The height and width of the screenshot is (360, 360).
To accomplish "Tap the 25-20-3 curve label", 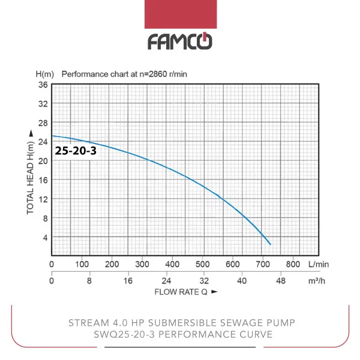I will [76, 151].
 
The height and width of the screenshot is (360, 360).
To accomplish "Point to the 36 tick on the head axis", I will [43, 85].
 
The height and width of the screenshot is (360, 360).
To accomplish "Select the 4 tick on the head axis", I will [45, 238].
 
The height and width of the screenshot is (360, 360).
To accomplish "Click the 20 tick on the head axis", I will [43, 161].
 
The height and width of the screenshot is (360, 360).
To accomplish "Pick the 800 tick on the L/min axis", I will [293, 264].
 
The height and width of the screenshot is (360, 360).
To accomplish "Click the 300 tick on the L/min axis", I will [142, 264].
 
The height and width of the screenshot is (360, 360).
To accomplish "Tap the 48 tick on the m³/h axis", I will [280, 281].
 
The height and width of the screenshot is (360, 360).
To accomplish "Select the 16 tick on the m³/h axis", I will [128, 281].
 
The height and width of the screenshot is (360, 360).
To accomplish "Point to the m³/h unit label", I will [317, 281].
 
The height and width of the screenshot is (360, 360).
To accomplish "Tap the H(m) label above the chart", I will [45, 74].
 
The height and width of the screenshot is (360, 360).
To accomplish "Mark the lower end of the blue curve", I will [271, 244].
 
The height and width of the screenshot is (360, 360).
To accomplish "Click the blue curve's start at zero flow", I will [52, 136].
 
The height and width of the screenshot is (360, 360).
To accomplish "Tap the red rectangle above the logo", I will [181, 14].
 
